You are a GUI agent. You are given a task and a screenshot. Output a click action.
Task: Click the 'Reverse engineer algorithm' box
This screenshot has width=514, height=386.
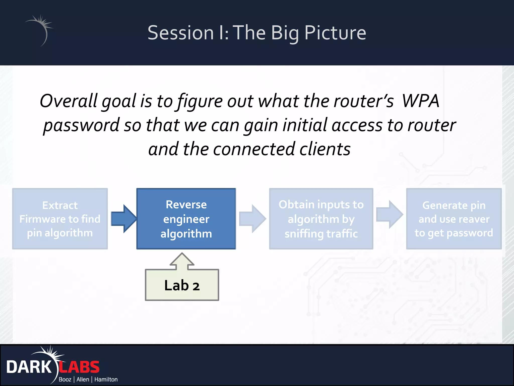[186, 219]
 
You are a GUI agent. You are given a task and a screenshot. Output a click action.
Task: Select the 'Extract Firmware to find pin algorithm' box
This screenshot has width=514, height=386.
[60, 219]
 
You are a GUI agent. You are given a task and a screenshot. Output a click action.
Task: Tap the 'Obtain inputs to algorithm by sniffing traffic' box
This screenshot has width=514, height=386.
[321, 219]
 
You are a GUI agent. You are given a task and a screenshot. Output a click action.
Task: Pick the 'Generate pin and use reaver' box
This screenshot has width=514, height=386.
[454, 219]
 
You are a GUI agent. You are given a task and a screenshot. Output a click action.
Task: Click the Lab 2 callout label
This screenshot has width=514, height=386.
[182, 285]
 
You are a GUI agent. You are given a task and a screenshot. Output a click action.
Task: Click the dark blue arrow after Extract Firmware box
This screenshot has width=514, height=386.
[123, 219]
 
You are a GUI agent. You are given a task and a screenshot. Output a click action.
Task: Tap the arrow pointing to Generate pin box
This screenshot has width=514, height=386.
[390, 214]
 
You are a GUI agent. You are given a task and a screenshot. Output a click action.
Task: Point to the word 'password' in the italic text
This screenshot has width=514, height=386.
[81, 125]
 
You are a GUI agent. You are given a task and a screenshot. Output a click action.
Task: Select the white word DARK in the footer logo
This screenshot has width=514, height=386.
[29, 367]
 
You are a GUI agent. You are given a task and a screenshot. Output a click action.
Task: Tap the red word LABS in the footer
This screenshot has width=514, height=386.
[79, 367]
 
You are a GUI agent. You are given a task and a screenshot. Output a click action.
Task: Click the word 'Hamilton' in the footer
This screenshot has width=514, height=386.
[106, 379]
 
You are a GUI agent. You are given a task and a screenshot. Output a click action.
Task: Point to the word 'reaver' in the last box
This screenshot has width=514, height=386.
[474, 219]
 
